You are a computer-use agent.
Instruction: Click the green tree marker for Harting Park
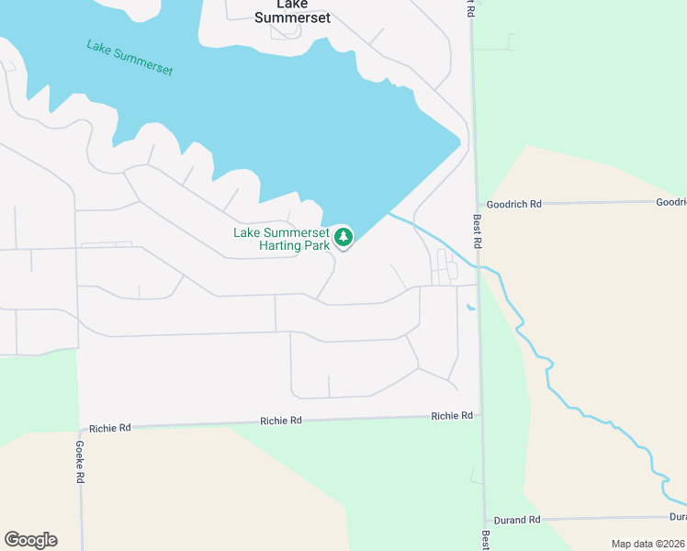tap(343, 238)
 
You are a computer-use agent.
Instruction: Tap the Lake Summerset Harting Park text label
tap(281, 239)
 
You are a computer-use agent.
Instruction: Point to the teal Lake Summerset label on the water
tap(130, 58)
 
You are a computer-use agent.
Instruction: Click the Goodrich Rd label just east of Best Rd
tap(514, 204)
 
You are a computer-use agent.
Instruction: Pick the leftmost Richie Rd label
tap(110, 428)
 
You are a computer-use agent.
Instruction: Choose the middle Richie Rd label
tap(281, 421)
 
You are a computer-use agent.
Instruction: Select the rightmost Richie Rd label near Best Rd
tap(452, 416)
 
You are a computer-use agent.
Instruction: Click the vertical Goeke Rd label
tap(80, 461)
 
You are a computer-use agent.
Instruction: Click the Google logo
tap(30, 540)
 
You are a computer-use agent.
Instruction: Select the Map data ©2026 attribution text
tap(648, 544)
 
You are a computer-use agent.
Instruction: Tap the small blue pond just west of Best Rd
tap(471, 307)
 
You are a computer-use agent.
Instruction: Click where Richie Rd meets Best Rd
tap(480, 415)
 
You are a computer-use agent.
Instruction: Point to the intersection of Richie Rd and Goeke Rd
tap(80, 429)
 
